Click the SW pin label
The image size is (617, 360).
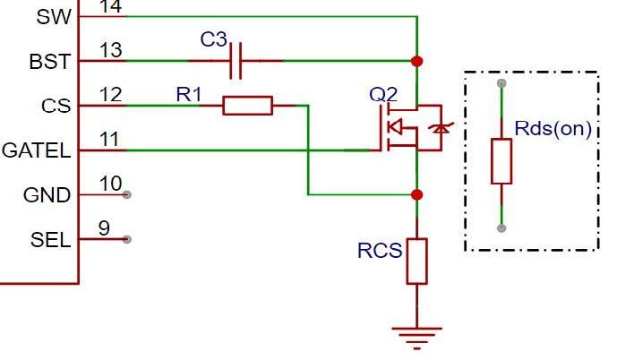pos(54,17)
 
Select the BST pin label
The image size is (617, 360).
pos(49,62)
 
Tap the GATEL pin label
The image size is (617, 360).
pos(36,150)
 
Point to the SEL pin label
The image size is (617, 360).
pos(50,240)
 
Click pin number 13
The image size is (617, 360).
pos(110,50)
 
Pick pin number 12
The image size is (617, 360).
pos(110,95)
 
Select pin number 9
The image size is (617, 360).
pos(104,228)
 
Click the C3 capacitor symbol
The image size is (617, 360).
pos(236,61)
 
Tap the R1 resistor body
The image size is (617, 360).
pos(247,106)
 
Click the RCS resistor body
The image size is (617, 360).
pos(416,261)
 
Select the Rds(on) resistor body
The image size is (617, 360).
pos(501,161)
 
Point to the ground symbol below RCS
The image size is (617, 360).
pos(416,338)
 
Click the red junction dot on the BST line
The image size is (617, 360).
pos(416,62)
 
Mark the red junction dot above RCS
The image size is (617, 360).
pos(416,194)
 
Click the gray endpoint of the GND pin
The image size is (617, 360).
pos(126,194)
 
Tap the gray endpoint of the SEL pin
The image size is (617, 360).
pos(126,239)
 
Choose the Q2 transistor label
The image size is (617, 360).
pos(383,95)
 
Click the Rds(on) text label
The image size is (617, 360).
pos(553,129)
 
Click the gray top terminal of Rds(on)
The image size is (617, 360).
pos(501,83)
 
